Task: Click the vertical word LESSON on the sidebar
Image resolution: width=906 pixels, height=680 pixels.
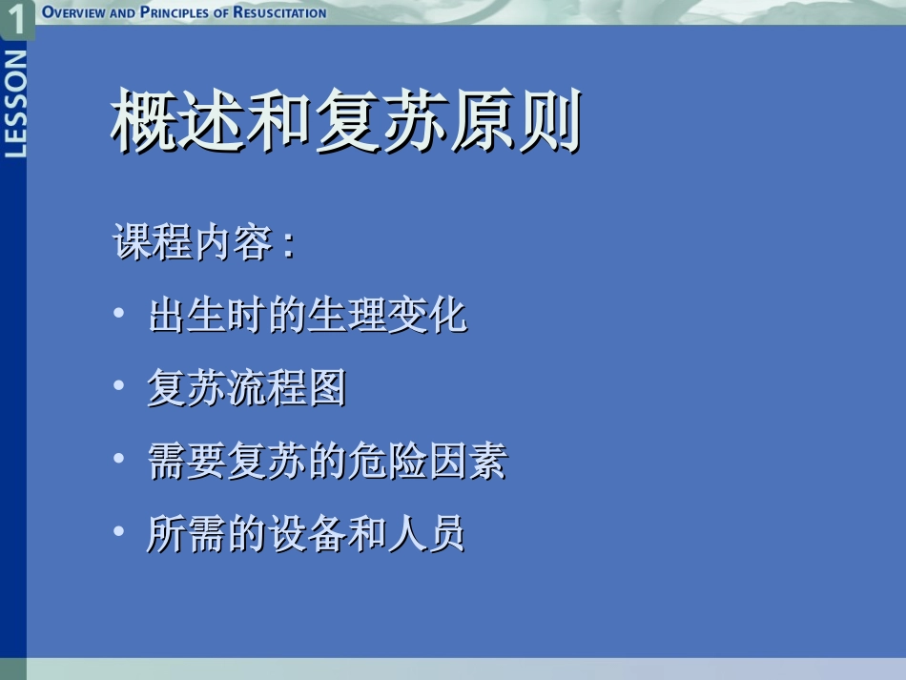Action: pos(14,105)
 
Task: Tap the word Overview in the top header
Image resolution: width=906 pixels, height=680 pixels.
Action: pos(75,12)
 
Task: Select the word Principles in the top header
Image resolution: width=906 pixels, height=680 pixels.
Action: pos(174,12)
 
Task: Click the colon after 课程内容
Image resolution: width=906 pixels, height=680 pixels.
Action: pos(287,246)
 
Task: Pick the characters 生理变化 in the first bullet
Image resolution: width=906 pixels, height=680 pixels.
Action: pos(387,315)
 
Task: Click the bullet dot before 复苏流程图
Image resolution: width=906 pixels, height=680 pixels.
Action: pos(117,386)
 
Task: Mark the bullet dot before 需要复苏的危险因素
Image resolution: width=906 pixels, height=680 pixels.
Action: pos(117,459)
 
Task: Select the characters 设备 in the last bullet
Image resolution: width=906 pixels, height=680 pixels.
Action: pos(305,534)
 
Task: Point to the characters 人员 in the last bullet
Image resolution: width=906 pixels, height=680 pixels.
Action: pos(425,534)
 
